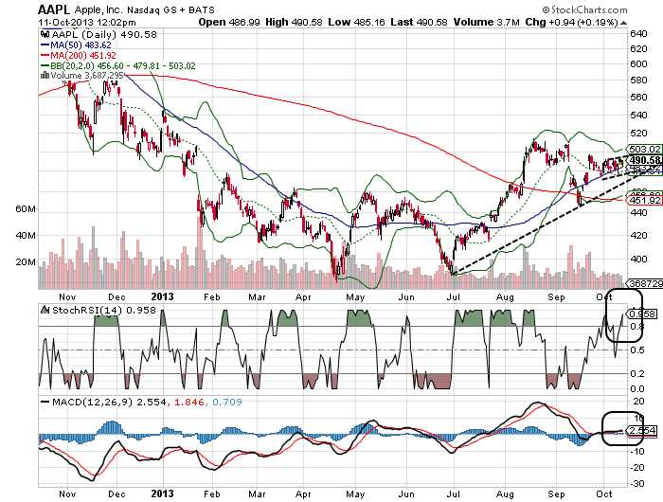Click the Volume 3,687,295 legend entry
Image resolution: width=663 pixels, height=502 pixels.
(79, 74)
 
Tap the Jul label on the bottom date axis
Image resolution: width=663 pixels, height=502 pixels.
(453, 493)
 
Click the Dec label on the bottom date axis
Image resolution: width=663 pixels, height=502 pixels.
(116, 493)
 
